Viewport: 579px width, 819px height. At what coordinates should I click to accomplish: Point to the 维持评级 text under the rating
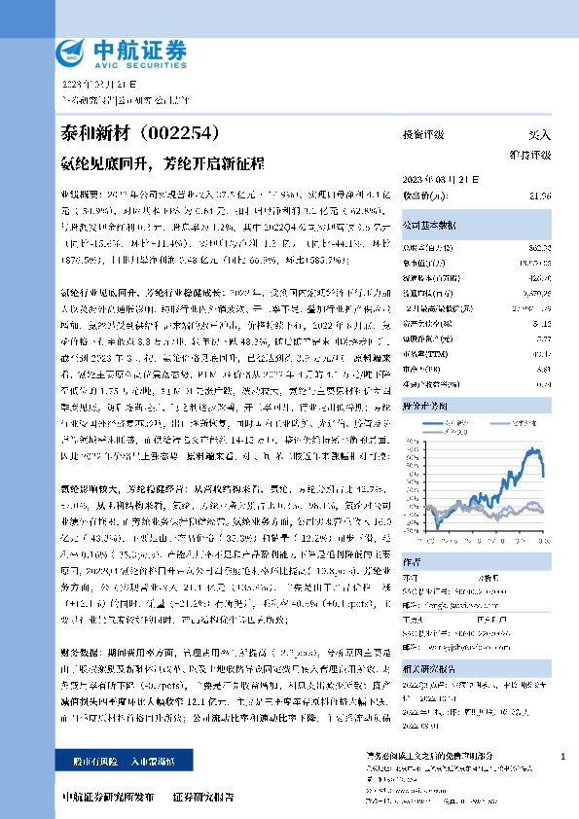click(530, 155)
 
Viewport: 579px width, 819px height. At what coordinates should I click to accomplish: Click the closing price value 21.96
click(541, 196)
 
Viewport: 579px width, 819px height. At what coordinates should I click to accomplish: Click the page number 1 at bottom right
click(562, 756)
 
